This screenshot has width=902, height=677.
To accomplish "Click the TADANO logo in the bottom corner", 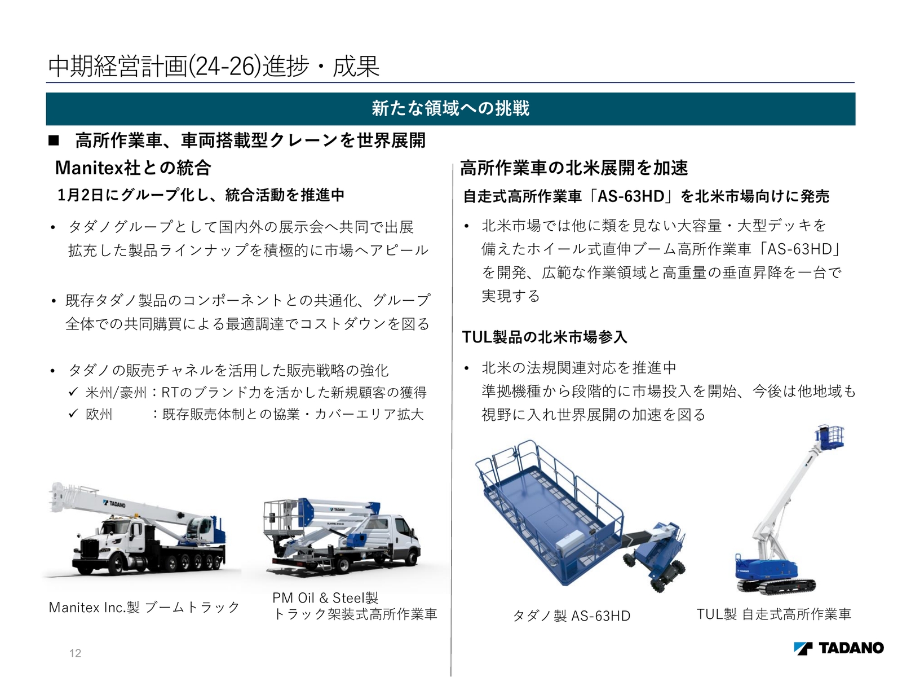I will [x=838, y=648].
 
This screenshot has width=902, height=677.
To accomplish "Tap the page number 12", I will [x=75, y=653].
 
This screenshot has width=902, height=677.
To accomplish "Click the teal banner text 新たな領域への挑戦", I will [x=450, y=108].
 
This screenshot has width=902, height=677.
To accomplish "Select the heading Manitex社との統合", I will [x=133, y=168].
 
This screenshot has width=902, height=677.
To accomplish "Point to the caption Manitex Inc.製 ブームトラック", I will [x=144, y=608].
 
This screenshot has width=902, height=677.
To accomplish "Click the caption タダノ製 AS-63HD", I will [x=572, y=616].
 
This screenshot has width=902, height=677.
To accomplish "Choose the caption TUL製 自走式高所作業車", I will [x=773, y=614].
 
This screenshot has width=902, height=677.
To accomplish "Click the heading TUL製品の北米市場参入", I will [x=544, y=337].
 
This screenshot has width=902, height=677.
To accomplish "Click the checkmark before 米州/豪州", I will [x=73, y=392].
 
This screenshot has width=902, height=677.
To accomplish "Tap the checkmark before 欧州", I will [x=73, y=414].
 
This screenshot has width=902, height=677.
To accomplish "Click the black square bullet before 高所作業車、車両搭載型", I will [x=54, y=140].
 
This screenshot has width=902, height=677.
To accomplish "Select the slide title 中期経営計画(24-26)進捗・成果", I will [x=214, y=67].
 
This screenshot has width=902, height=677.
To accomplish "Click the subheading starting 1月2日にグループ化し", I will [x=201, y=195].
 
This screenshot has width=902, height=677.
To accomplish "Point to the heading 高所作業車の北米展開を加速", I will [x=574, y=168].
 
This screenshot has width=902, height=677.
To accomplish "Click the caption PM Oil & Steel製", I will [x=325, y=598].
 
